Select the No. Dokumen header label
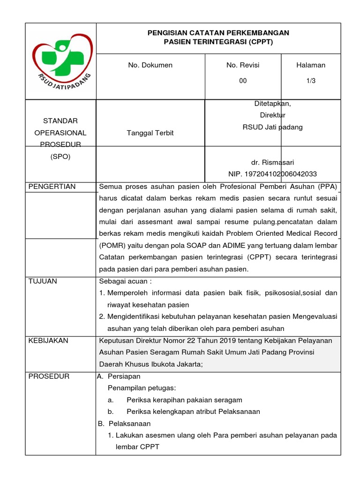coord(150,65)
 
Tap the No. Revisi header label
coord(243,65)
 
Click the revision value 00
coord(243,81)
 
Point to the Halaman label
coord(311,65)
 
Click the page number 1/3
coord(311,81)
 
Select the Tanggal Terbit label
coord(150,133)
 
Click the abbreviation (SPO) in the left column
coord(60,157)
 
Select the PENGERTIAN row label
coord(52,187)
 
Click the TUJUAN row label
coord(43,281)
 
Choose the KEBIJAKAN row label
coord(48,341)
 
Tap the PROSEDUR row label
coord(49,376)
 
